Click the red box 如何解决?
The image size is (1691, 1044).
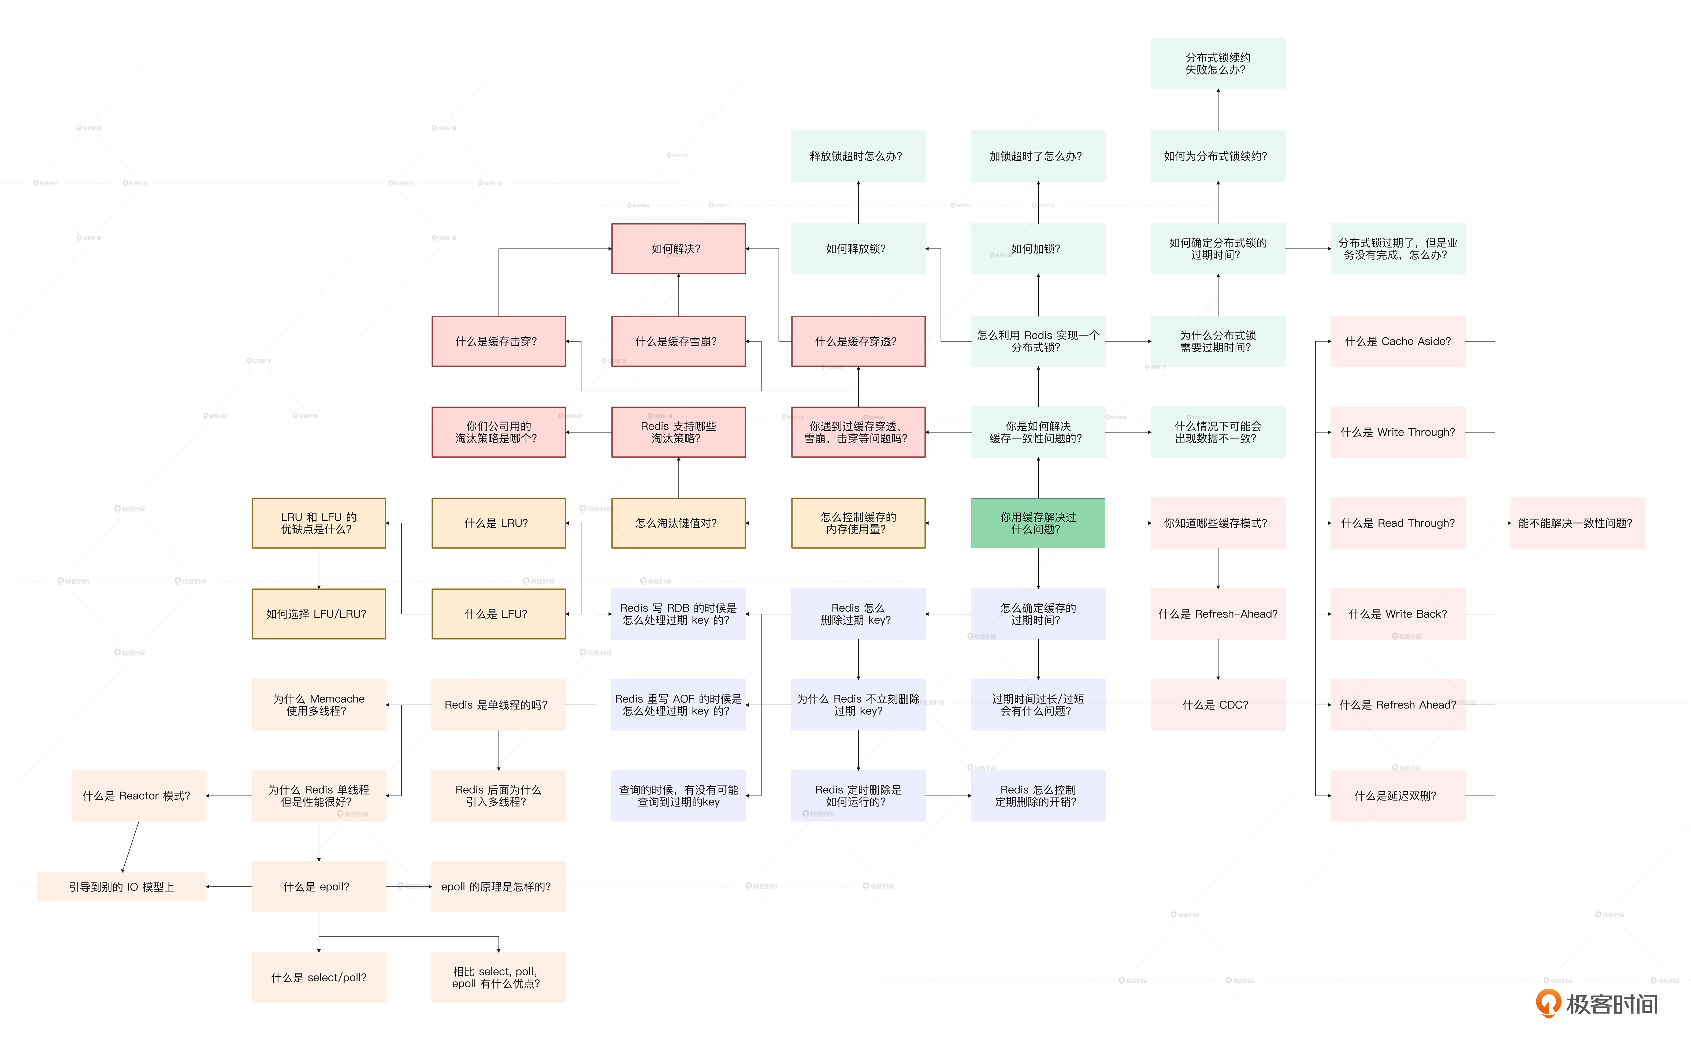click(678, 249)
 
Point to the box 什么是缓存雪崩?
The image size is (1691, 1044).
click(678, 341)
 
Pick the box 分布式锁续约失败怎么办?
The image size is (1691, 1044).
click(1217, 64)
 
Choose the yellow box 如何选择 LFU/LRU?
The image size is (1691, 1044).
click(318, 614)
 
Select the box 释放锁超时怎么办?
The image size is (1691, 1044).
click(858, 156)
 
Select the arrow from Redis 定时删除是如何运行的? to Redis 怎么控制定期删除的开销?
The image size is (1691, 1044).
click(948, 795)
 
